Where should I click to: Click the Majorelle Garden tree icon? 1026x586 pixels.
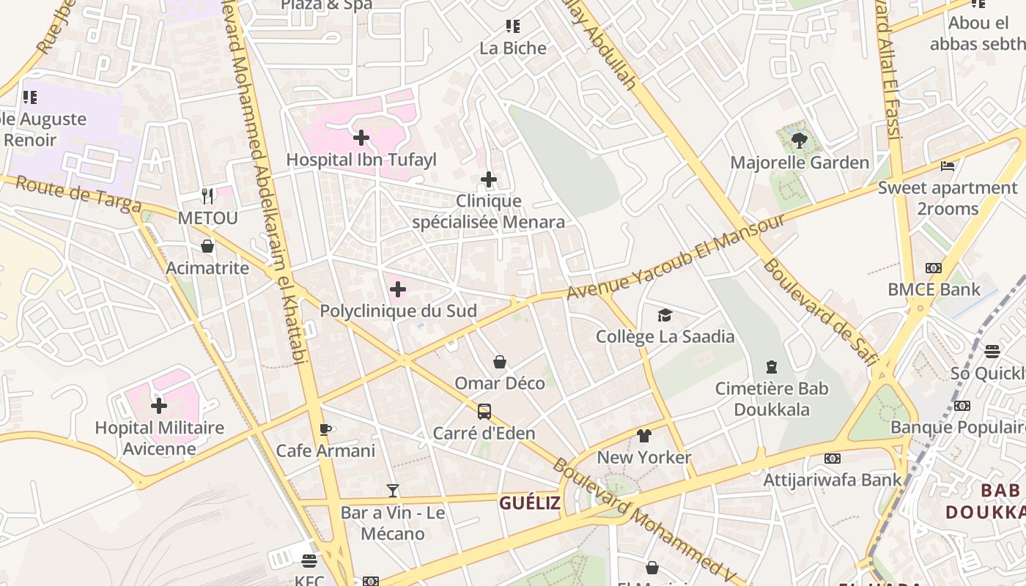point(800,141)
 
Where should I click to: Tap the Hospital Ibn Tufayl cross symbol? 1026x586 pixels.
point(361,137)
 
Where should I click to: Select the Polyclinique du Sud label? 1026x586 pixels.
point(398,311)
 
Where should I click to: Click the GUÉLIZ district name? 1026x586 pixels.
point(529,503)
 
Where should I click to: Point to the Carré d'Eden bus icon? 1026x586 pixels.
point(484,412)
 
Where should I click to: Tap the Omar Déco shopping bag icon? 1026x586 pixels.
point(500,362)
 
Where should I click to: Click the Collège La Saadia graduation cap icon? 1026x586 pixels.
point(665,315)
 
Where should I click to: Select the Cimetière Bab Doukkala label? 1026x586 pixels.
point(771,399)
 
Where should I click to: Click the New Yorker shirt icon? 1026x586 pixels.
point(643,436)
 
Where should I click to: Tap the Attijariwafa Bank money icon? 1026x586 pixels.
point(832,459)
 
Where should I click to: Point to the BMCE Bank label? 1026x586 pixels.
point(934,289)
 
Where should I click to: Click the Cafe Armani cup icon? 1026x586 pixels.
point(325,429)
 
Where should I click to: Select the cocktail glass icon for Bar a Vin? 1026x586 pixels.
point(393,490)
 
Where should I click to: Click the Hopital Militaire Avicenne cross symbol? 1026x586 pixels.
point(159,405)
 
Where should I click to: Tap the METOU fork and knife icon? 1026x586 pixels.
point(207,196)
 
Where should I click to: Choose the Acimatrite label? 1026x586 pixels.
point(207,268)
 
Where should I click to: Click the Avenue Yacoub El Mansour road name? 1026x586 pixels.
point(675,256)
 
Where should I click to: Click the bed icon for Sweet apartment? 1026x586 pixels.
point(948,166)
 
